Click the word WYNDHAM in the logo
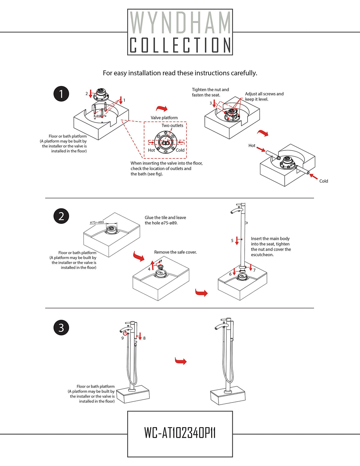click(180, 23)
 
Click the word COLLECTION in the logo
click(180, 45)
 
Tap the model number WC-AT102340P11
click(180, 433)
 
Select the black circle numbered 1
click(61, 94)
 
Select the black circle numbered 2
click(61, 216)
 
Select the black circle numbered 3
click(61, 327)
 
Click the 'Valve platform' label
click(164, 118)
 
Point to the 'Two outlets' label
click(172, 125)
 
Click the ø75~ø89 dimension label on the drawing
click(97, 222)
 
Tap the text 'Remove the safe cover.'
click(175, 252)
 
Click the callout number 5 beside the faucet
click(232, 241)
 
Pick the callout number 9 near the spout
click(122, 338)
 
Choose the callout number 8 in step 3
click(144, 338)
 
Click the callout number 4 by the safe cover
click(149, 269)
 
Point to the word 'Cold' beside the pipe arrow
click(324, 181)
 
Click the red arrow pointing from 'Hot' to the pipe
click(261, 149)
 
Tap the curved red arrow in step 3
click(181, 361)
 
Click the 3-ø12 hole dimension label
click(98, 116)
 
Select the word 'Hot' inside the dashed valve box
click(151, 150)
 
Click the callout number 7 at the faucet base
click(254, 270)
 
